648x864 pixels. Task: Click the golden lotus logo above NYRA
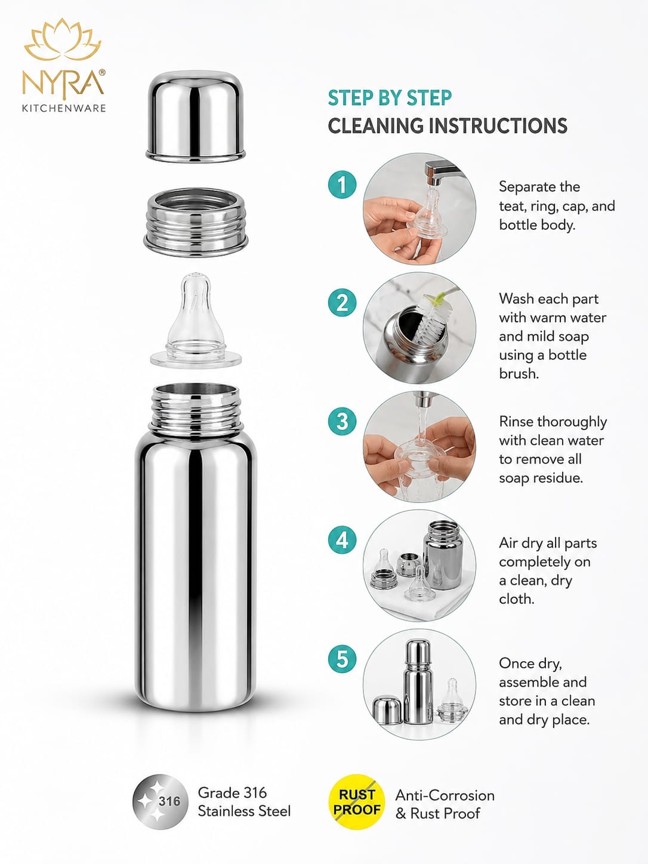[x=63, y=40]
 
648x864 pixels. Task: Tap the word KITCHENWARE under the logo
[x=64, y=108]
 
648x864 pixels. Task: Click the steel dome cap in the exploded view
[x=196, y=116]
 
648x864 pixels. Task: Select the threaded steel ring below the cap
[x=196, y=223]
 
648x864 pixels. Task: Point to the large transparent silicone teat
[x=196, y=321]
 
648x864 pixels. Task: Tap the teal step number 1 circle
[x=342, y=184]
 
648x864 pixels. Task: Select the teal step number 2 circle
[x=342, y=303]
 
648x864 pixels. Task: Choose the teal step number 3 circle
[x=342, y=421]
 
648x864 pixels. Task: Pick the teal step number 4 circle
[x=342, y=540]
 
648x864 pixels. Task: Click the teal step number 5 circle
[x=342, y=659]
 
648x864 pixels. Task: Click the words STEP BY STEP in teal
[x=390, y=98]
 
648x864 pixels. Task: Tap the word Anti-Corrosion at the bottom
[x=445, y=795]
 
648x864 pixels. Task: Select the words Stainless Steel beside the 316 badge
[x=244, y=811]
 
